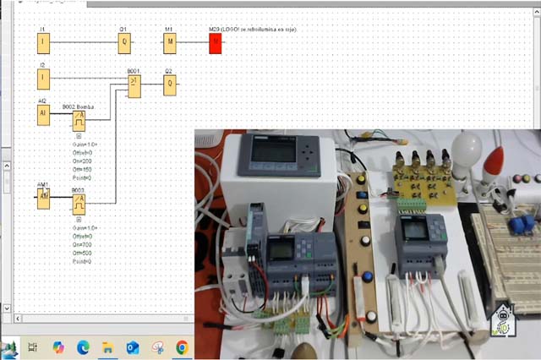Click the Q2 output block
(170, 84)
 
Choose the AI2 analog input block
(43, 115)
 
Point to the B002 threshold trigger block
(79, 120)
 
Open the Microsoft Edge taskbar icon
(83, 346)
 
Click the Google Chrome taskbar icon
(182, 346)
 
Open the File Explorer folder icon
(107, 346)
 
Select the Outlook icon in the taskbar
(133, 346)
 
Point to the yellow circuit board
(423, 182)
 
